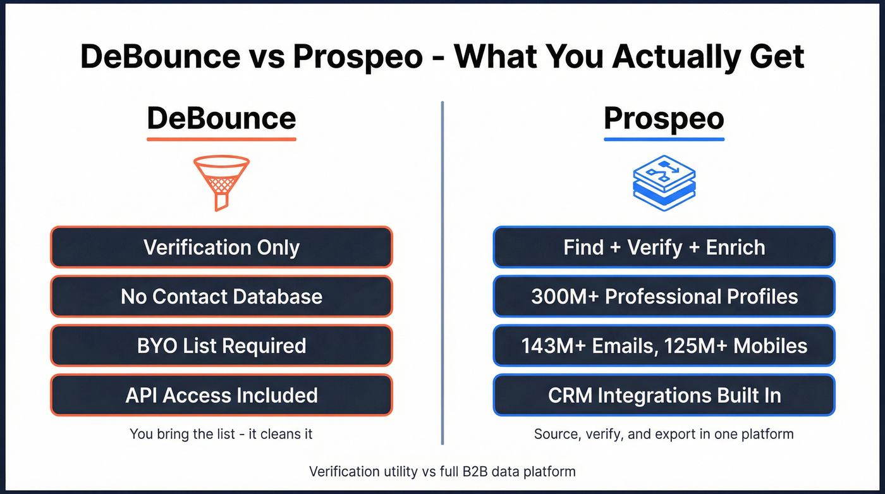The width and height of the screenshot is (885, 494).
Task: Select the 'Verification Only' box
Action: tap(221, 247)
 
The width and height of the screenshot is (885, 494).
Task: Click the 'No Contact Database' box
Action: tap(221, 296)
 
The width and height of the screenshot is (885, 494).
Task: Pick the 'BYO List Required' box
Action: tap(221, 345)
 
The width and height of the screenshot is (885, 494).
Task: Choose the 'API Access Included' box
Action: tap(221, 395)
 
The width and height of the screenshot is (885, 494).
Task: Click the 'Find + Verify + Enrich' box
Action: tap(664, 247)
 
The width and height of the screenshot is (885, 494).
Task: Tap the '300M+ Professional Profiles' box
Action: tap(664, 296)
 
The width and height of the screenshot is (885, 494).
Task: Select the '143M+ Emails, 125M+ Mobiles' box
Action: tap(664, 345)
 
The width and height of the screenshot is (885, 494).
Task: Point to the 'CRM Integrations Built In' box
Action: tap(664, 395)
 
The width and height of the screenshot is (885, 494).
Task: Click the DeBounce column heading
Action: tap(221, 118)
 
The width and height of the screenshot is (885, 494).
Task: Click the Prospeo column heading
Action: tap(664, 118)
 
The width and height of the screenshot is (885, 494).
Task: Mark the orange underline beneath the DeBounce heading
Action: tap(221, 139)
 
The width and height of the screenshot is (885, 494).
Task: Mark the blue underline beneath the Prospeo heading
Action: tap(664, 139)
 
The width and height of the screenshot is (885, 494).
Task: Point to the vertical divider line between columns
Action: tap(442, 272)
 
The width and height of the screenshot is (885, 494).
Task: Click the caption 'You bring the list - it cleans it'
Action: tap(221, 434)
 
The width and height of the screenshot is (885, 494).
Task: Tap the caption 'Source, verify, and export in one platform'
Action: tap(664, 434)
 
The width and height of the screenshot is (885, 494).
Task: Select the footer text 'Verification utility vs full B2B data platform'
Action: tap(442, 471)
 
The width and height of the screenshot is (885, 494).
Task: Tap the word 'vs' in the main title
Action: tap(262, 57)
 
